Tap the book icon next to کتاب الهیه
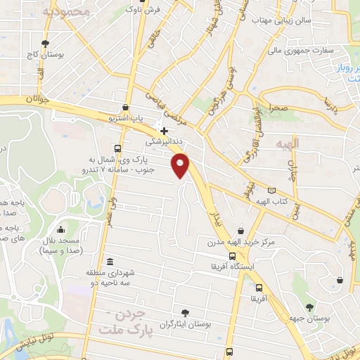click(x=272, y=191)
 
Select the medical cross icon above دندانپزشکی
click(x=164, y=131)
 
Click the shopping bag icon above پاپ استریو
click(x=125, y=108)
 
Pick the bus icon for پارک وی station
click(x=117, y=148)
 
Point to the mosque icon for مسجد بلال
click(x=60, y=229)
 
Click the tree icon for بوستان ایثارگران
click(x=185, y=314)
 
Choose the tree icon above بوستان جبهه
click(x=309, y=307)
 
